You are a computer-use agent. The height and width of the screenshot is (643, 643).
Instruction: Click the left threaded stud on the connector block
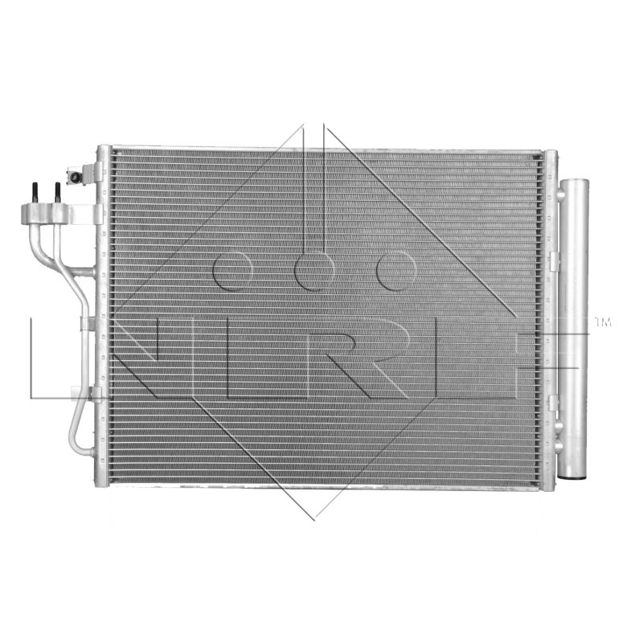35,194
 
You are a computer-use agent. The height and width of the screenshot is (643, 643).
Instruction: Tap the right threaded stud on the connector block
58,193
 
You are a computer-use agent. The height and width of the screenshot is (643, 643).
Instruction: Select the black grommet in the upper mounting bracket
76,178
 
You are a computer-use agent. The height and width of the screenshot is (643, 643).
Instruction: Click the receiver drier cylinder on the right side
573,329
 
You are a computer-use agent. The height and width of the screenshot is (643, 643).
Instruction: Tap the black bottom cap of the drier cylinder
574,477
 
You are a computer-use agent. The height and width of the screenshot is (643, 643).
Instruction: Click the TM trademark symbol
603,322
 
